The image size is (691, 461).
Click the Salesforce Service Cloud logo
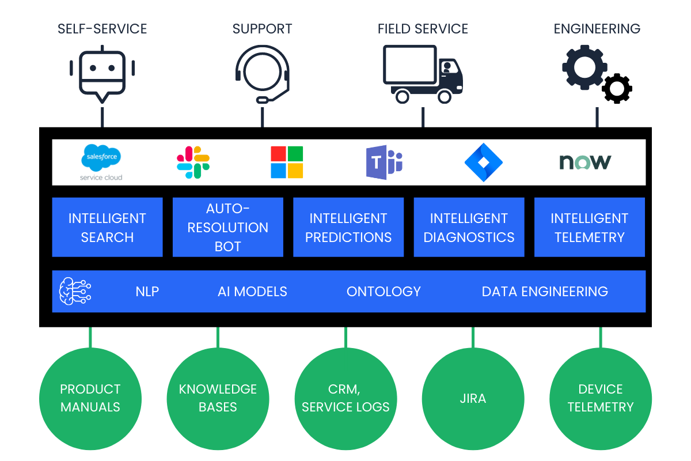pyautogui.click(x=101, y=162)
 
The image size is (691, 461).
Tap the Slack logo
pyautogui.click(x=193, y=162)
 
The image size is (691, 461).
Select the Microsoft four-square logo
pyautogui.click(x=287, y=162)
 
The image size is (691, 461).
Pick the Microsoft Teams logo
pyautogui.click(x=384, y=162)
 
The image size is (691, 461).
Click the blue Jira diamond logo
pyautogui.click(x=484, y=162)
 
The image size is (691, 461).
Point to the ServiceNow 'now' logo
pyautogui.click(x=585, y=162)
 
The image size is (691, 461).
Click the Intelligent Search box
pyautogui.click(x=108, y=227)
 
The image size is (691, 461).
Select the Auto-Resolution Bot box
pyautogui.click(x=228, y=227)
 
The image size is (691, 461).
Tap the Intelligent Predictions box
pyautogui.click(x=348, y=227)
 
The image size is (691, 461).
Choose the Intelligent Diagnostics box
pyautogui.click(x=469, y=227)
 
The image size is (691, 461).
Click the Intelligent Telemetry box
pyautogui.click(x=590, y=227)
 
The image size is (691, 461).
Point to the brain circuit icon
pyautogui.click(x=75, y=291)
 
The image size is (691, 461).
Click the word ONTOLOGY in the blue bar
pyautogui.click(x=384, y=292)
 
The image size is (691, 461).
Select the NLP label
pyautogui.click(x=147, y=292)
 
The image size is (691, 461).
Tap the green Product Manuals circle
pyautogui.click(x=90, y=398)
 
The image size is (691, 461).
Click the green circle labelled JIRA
pyautogui.click(x=473, y=398)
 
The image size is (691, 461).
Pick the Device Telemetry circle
pyautogui.click(x=601, y=398)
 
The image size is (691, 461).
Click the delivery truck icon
pyautogui.click(x=423, y=74)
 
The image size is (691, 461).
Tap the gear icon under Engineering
pyautogui.click(x=584, y=69)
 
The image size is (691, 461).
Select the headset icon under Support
pyautogui.click(x=263, y=75)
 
